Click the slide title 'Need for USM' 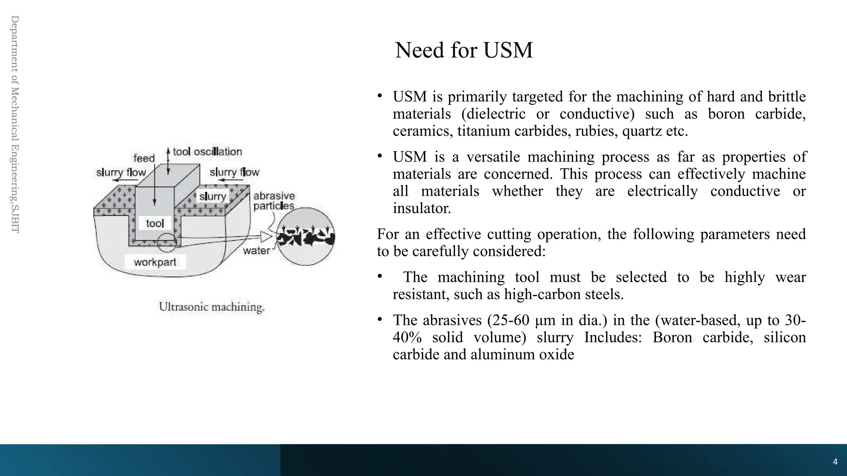point(464,50)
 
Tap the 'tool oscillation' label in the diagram point(207,152)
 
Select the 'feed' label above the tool point(144,158)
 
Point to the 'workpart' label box point(155,262)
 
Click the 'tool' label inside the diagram point(155,224)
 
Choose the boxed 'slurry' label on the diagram point(213,196)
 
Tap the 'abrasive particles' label point(274,201)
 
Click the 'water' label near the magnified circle point(256,250)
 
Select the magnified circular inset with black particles point(306,236)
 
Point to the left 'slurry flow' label point(121,172)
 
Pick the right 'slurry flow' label point(234,172)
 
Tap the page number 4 point(835,462)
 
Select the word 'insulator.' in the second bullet point(421,208)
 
